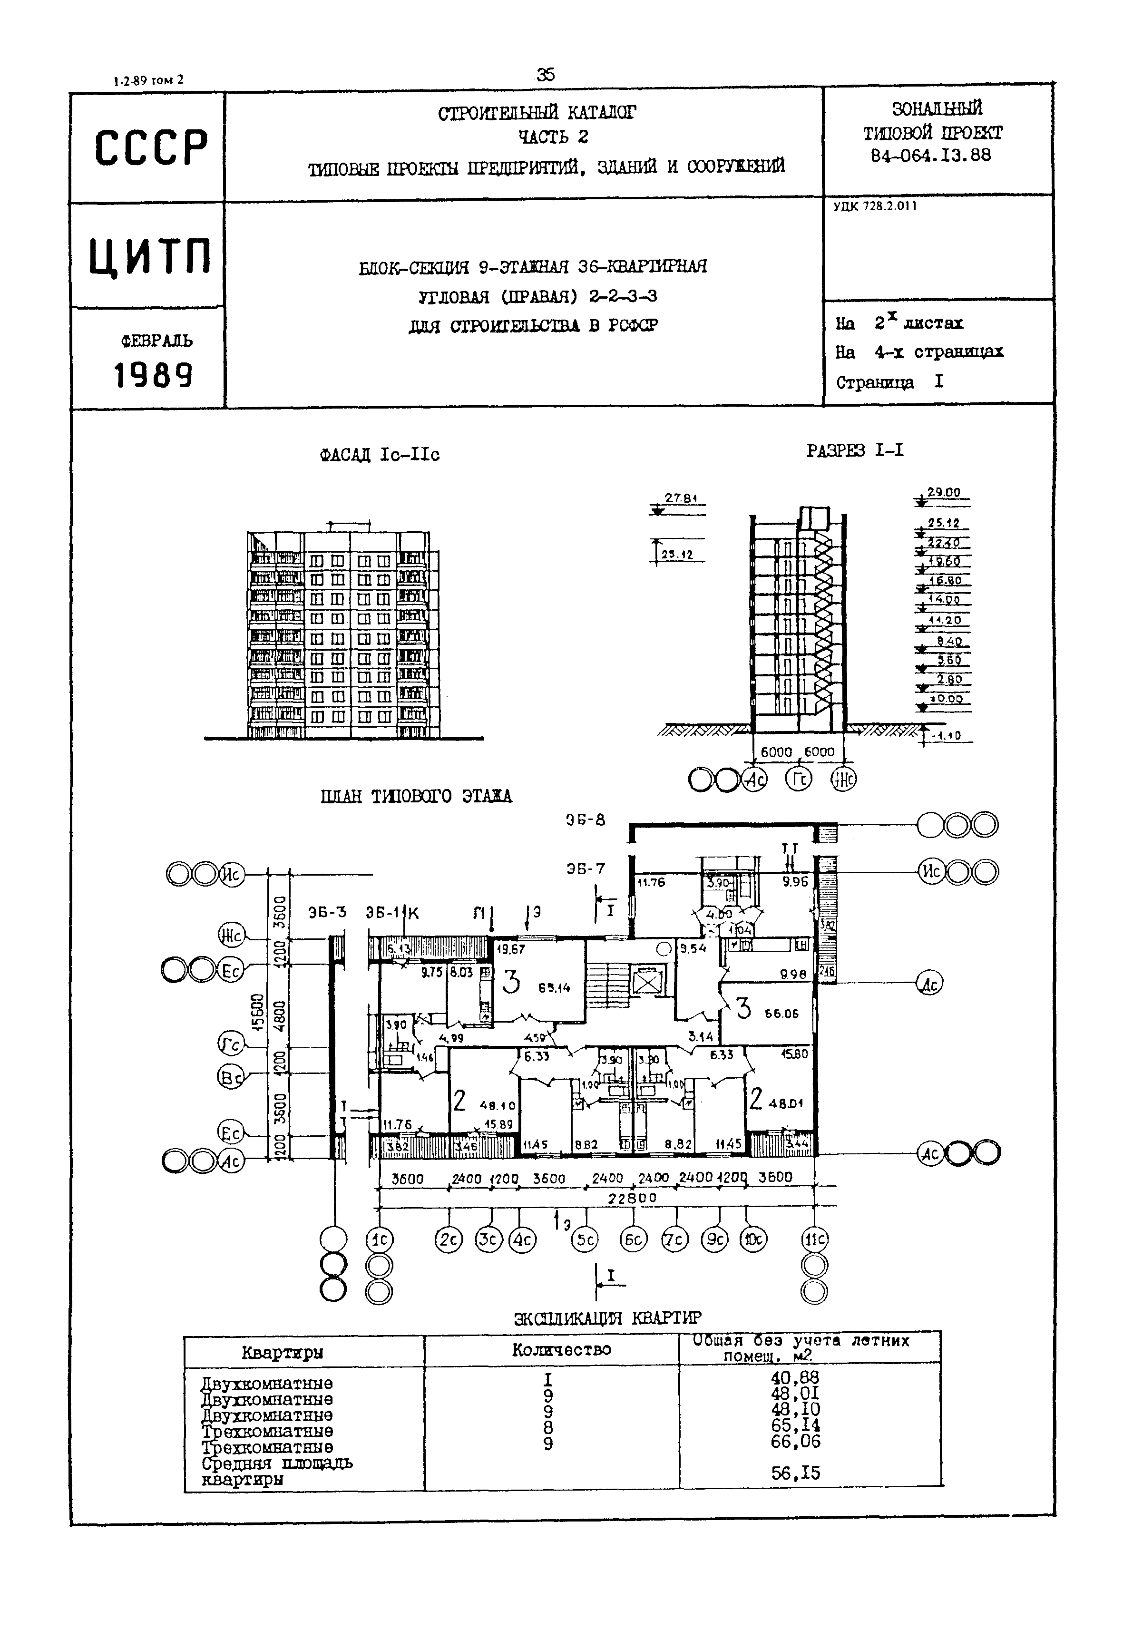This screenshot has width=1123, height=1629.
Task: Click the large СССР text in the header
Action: tap(151, 148)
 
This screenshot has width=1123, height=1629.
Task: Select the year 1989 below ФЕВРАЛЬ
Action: tap(153, 375)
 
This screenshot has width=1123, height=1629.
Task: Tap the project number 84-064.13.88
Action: tap(930, 155)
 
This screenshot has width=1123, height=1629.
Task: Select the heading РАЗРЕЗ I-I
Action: tap(854, 450)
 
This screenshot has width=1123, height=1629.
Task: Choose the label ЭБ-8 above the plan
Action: tap(586, 820)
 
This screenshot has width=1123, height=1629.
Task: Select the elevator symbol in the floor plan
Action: tap(643, 982)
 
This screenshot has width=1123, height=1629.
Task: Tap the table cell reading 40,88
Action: tap(795, 1377)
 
